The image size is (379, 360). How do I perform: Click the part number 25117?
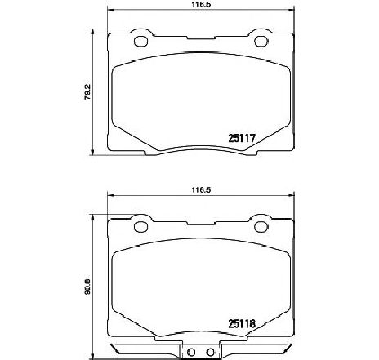(x=241, y=138)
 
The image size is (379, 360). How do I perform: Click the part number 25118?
(x=242, y=323)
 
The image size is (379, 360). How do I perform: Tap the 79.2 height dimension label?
(x=87, y=92)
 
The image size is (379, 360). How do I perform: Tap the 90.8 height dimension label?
(x=87, y=287)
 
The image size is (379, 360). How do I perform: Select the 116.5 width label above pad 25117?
(x=201, y=5)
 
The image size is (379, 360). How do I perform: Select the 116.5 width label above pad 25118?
(x=201, y=190)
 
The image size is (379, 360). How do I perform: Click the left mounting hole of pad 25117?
(x=140, y=42)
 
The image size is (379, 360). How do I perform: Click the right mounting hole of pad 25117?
(x=261, y=42)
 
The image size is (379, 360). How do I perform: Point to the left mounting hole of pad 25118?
(x=140, y=227)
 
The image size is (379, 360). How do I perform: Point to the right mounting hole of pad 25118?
(x=261, y=227)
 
